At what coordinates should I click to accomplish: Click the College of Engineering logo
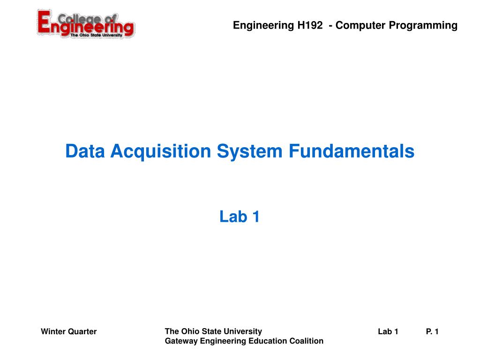tap(86, 24)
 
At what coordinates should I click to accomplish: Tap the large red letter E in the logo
tap(45, 22)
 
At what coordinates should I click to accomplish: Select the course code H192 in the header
tap(310, 25)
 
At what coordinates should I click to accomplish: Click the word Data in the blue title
tap(85, 151)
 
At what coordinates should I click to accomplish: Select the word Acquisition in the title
tap(161, 152)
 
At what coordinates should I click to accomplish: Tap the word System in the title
tap(249, 151)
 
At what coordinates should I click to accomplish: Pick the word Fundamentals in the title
tap(352, 151)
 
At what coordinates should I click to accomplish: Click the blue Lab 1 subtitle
tap(240, 217)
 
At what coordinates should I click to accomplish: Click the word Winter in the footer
tap(53, 331)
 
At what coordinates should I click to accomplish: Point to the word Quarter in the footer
tap(82, 331)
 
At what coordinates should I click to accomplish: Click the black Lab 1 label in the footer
tap(388, 331)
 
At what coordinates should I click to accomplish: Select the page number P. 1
tap(432, 331)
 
